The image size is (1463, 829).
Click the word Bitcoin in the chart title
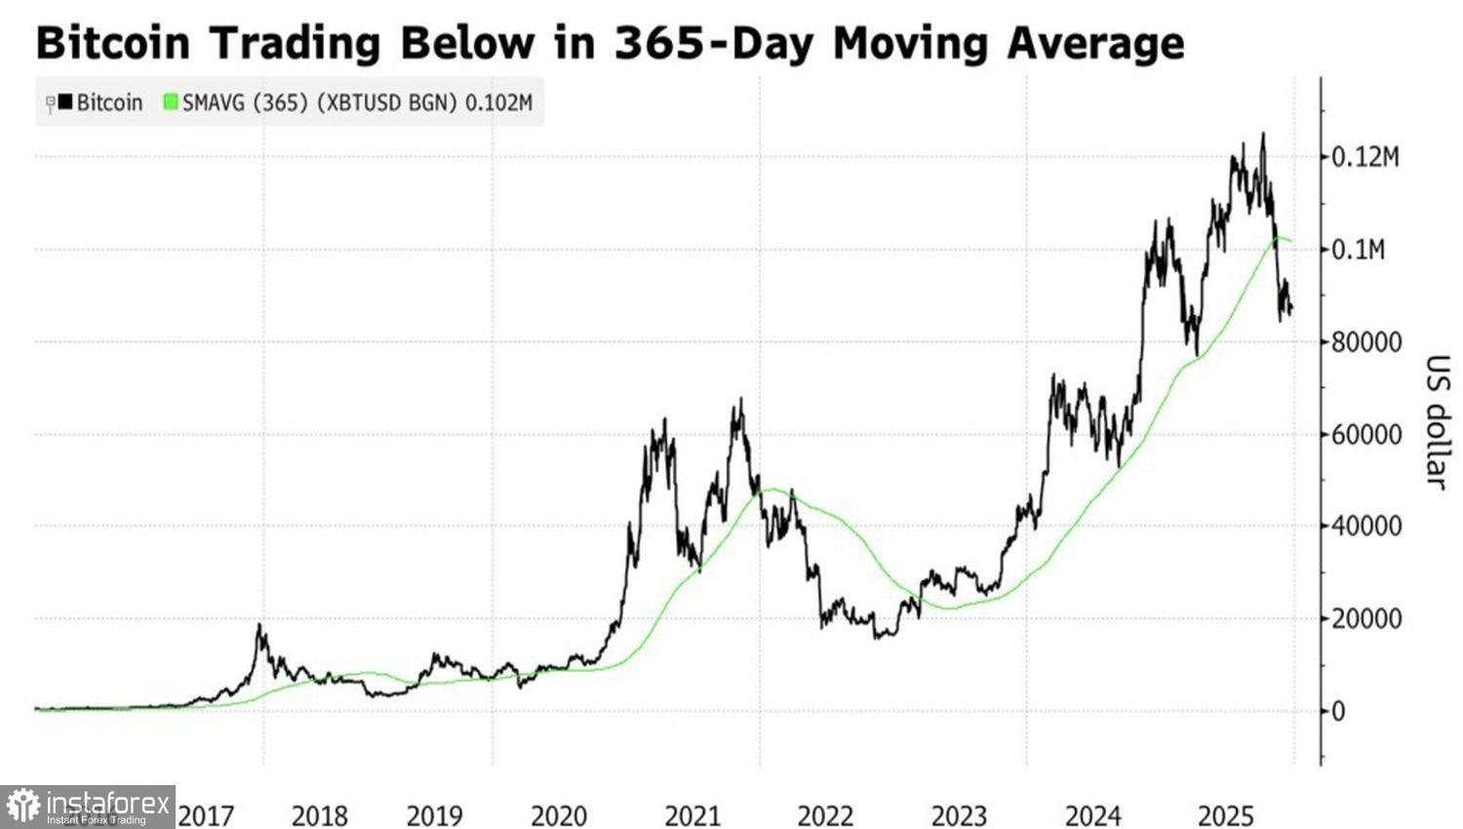pos(112,43)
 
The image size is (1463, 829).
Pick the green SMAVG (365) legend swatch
pos(171,102)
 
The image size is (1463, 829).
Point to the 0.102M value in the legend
pos(498,102)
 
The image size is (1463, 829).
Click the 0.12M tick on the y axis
pos(1365,157)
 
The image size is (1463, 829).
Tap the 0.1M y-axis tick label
pos(1358,250)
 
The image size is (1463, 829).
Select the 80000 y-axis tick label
pos(1366,342)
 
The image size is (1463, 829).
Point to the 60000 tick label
pos(1366,435)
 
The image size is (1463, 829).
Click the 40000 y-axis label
pos(1366,527)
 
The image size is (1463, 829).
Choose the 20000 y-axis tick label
pos(1366,619)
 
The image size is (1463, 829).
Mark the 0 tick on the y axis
pos(1338,711)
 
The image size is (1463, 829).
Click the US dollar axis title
pos(1437,421)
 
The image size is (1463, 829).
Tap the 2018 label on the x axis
pos(319,815)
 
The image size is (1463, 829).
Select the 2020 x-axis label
pos(559,815)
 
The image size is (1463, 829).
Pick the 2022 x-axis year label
pos(825,815)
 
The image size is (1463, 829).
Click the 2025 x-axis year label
pos(1225,815)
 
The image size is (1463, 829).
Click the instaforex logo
pos(88,807)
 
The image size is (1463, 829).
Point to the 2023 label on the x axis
pos(959,815)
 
